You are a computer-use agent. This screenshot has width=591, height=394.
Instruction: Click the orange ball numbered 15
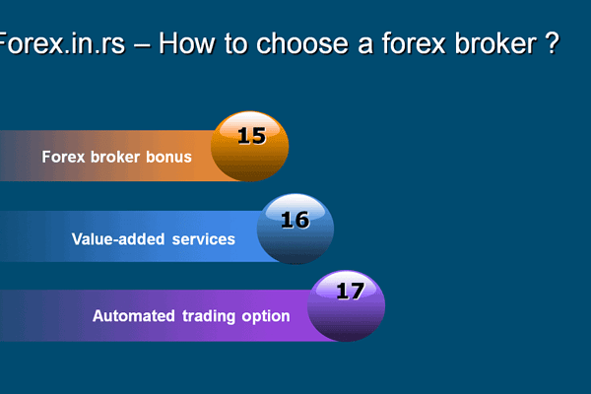[x=249, y=147]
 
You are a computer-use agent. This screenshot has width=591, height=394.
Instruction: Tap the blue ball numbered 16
[x=295, y=229]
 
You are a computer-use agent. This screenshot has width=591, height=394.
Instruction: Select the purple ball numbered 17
[x=346, y=306]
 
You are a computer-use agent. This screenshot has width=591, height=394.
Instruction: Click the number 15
[x=252, y=136]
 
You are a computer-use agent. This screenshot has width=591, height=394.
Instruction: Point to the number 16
[x=295, y=220]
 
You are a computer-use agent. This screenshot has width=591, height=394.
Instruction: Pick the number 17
[x=351, y=292]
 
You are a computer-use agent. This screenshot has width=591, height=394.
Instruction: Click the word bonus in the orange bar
[x=168, y=158]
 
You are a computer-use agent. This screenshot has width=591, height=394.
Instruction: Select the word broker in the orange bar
[x=115, y=158]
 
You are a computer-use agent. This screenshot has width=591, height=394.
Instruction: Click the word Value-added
[x=118, y=239]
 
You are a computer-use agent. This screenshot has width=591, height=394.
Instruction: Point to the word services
[x=204, y=239]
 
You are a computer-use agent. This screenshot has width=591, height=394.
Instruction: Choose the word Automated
[x=133, y=316]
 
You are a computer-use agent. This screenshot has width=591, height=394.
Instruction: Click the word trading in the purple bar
[x=209, y=317]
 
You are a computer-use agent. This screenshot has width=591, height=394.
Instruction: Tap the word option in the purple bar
[x=266, y=317]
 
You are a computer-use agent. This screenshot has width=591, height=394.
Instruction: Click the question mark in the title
[x=553, y=43]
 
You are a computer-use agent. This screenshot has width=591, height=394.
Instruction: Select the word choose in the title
[x=302, y=43]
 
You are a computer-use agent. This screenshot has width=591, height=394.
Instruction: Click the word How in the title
[x=186, y=43]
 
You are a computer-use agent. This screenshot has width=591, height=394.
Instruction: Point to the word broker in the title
[x=496, y=43]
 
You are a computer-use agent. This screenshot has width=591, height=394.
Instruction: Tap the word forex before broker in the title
[x=414, y=43]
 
